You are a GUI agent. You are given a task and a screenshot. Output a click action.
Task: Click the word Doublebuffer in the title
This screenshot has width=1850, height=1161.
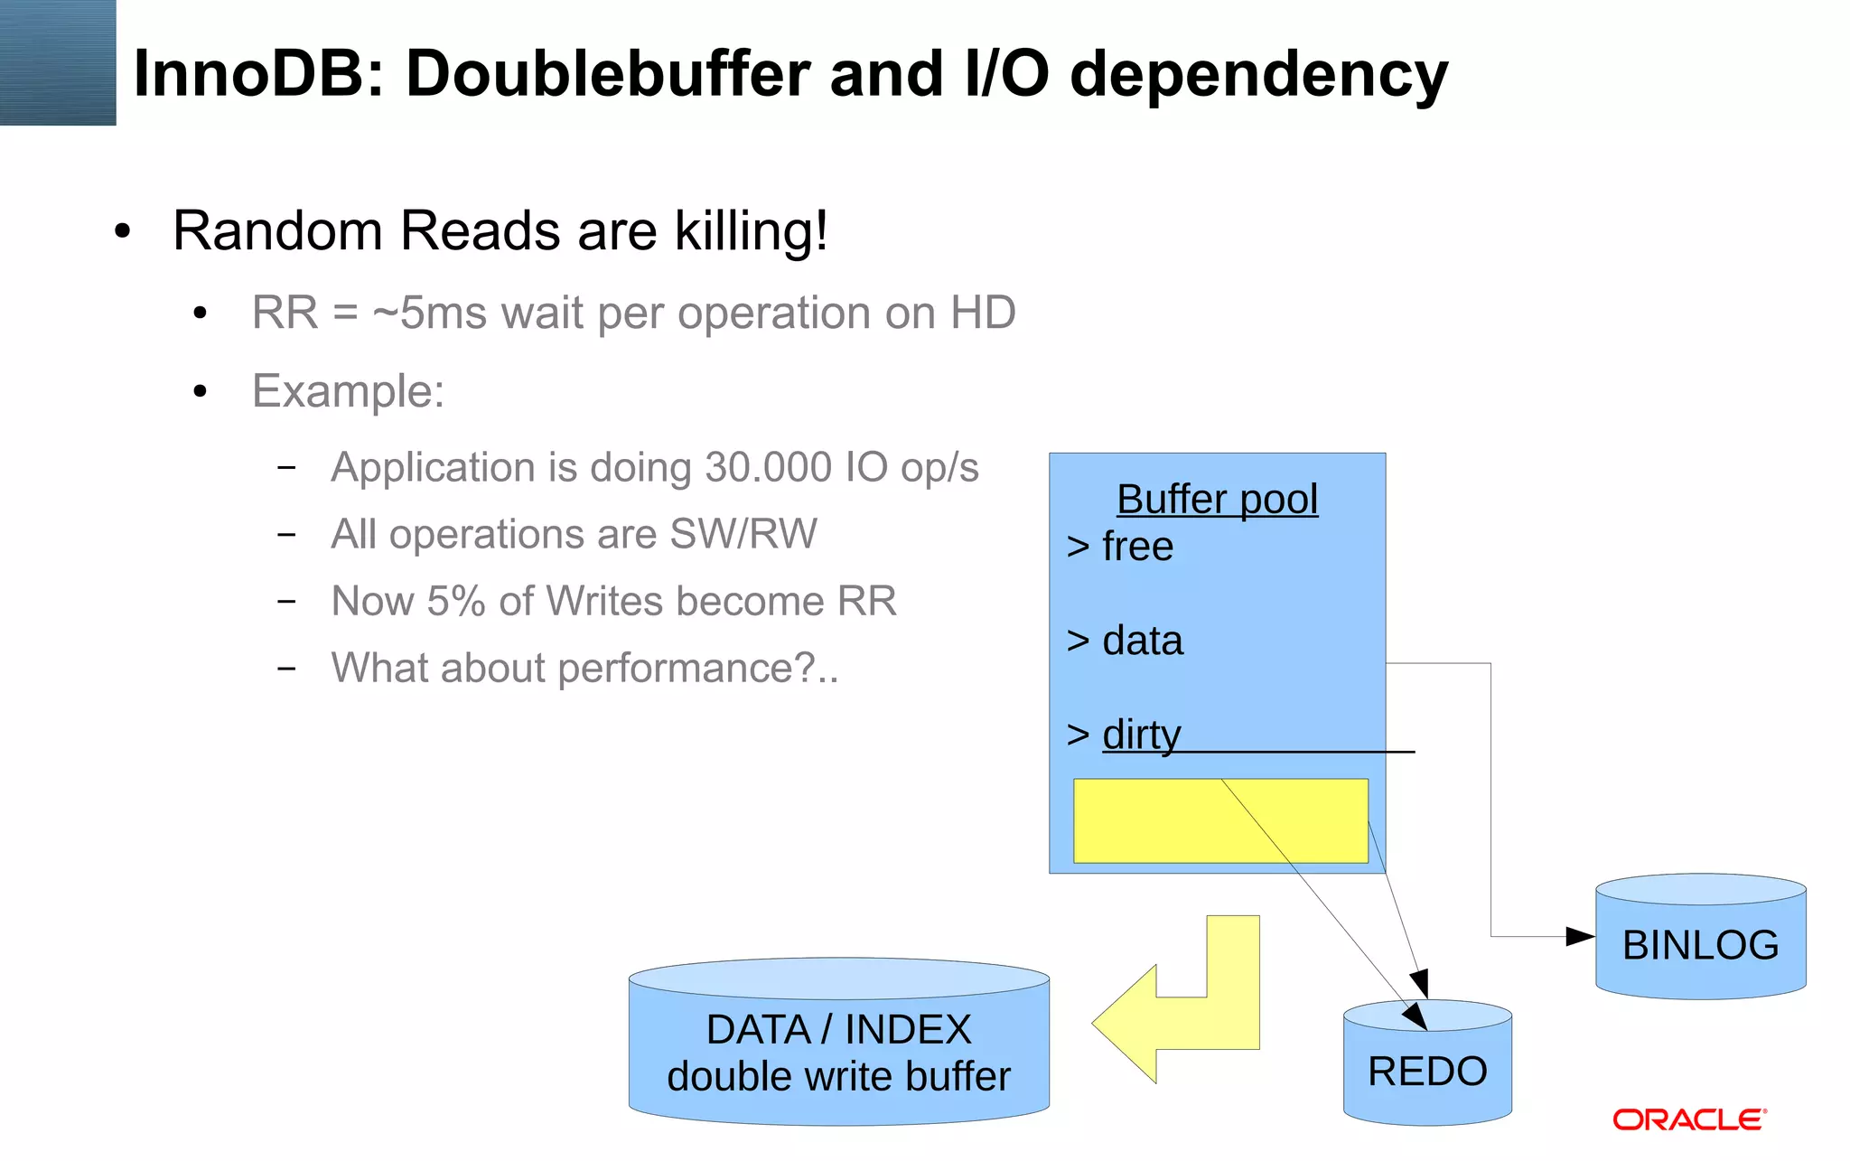pos(607,74)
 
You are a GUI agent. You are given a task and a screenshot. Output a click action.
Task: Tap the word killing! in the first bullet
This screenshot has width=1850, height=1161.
pos(751,230)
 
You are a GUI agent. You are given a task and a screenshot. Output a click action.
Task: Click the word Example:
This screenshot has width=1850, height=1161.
pos(348,391)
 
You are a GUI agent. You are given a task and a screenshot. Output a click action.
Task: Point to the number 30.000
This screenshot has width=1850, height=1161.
pos(768,468)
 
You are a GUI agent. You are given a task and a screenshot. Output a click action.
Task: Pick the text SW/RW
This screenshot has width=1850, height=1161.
pos(743,534)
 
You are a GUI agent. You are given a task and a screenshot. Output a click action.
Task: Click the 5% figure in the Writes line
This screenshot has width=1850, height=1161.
pos(456,602)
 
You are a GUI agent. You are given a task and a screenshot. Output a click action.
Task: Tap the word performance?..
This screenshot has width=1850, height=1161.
pos(687,669)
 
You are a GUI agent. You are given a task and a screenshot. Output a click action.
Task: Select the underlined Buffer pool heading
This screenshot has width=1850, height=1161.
pos(1217,500)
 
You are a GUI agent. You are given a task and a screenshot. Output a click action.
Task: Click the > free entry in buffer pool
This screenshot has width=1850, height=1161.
pos(1120,547)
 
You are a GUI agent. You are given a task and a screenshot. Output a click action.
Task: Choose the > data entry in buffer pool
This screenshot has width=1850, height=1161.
pos(1125,641)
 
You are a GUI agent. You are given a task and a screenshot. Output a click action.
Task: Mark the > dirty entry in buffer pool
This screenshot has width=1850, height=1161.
pos(1124,735)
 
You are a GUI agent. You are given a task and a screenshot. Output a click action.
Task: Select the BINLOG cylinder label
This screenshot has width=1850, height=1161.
pos(1700,945)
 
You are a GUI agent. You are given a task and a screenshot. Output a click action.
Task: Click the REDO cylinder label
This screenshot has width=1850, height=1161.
pos(1427,1072)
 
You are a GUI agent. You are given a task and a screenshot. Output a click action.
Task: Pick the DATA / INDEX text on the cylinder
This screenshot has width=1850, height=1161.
pos(838,1030)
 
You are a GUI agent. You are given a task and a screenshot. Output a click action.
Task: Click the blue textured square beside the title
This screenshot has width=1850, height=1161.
pos(58,62)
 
